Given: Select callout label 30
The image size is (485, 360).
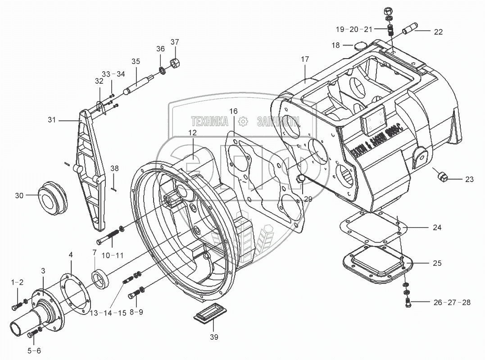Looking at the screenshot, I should click(x=19, y=196).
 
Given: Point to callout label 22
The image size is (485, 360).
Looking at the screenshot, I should click(x=438, y=32).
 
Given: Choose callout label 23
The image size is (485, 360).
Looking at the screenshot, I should click(x=469, y=179).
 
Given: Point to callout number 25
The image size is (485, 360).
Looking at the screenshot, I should click(x=437, y=263).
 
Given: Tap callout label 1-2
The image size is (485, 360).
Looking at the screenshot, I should click(x=17, y=282).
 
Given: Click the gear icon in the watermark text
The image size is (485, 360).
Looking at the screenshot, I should click(x=243, y=121).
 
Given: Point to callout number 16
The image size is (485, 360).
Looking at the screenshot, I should click(x=233, y=111).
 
